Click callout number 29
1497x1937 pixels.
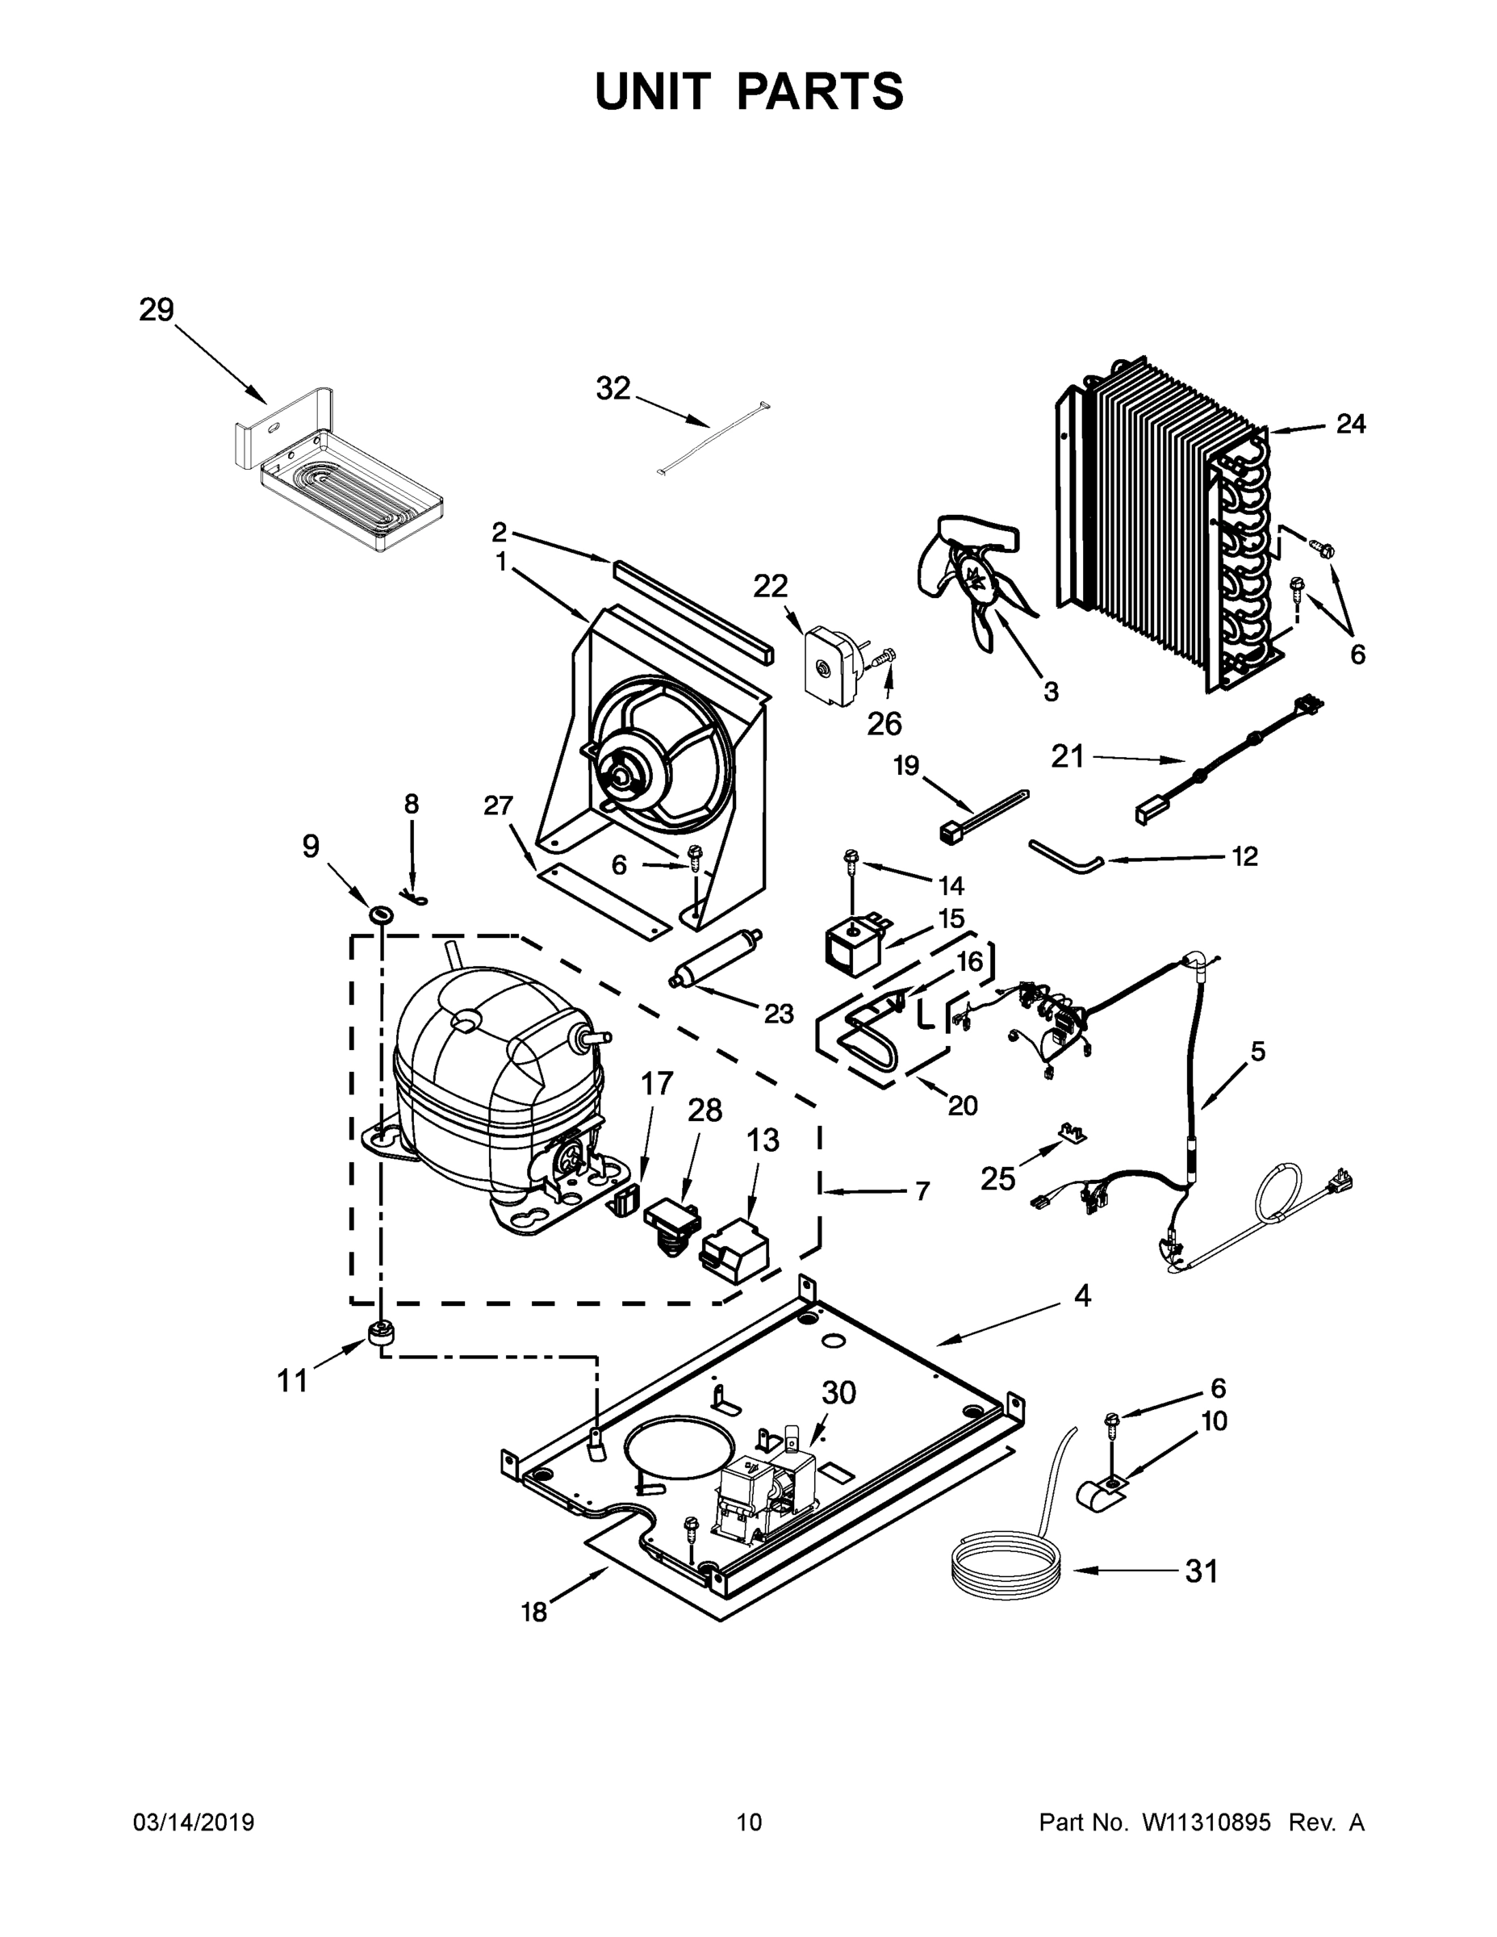(x=156, y=311)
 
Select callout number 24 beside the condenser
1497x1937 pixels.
(x=1351, y=424)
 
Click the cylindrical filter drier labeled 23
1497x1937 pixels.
(x=717, y=958)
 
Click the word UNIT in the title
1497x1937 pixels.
(x=653, y=91)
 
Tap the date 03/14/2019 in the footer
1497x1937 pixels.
(x=194, y=1822)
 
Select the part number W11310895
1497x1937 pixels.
(x=1206, y=1822)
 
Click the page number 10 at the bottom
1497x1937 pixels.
(x=750, y=1822)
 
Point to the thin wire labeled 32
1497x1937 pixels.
(x=714, y=439)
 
